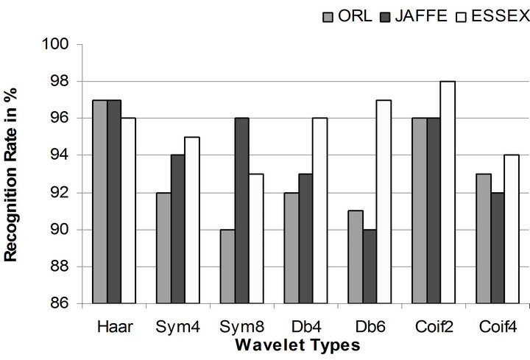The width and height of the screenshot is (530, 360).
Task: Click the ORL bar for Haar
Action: (99, 202)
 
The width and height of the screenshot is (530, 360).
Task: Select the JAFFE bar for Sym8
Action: (241, 211)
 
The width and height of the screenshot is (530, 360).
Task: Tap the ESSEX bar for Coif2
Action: (448, 192)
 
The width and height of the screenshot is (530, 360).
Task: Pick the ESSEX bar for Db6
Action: (384, 202)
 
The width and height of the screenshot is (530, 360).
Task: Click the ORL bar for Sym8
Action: (227, 267)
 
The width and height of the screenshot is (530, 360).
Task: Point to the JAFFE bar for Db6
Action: (369, 267)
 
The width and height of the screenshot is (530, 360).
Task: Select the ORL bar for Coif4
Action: (482, 239)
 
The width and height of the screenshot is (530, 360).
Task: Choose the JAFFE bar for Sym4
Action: (178, 229)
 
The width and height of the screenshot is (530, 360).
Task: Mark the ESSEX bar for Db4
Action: (319, 211)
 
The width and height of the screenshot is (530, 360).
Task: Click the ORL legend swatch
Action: (328, 15)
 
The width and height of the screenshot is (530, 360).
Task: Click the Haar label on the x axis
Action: (113, 325)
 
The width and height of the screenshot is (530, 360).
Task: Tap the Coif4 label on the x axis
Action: (496, 325)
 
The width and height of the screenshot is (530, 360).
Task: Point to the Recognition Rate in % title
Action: (13, 174)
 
